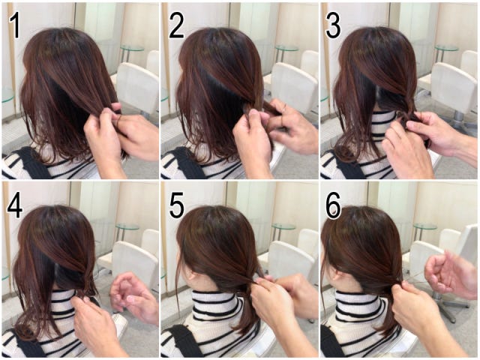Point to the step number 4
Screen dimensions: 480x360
pos(15,206)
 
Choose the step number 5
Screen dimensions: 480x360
pos(176,206)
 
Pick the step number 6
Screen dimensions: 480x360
pos(333,206)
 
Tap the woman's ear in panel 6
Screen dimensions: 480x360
pos(335,273)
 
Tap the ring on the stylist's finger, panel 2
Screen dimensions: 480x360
pos(284,106)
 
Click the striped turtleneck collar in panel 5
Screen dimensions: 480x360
pos(214,306)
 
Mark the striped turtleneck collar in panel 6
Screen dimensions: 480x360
pos(358,306)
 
